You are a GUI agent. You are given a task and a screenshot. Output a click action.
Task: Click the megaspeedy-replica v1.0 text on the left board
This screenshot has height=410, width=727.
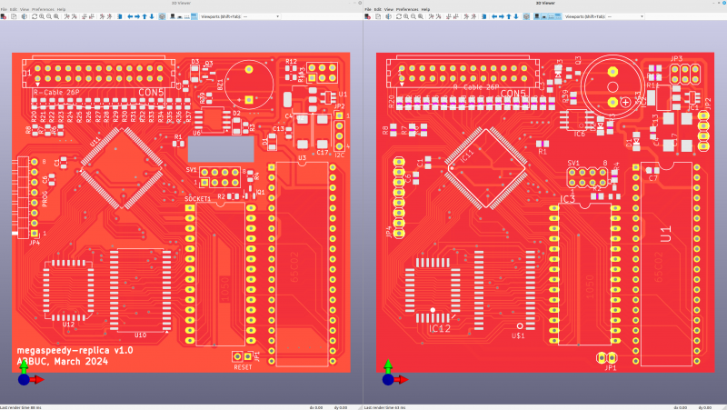(x=75, y=350)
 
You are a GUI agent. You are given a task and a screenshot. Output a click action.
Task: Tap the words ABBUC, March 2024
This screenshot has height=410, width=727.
(x=62, y=362)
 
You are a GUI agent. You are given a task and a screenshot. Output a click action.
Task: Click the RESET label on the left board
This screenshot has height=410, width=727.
(x=243, y=367)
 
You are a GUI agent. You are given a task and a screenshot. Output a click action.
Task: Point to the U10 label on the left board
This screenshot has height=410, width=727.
(x=140, y=335)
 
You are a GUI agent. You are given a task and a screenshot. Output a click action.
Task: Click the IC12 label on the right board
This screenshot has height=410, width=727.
(x=440, y=328)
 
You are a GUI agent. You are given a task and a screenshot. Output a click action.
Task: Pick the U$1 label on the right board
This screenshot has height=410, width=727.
(x=519, y=335)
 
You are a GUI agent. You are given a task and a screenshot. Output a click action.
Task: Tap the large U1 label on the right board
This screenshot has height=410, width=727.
(x=666, y=234)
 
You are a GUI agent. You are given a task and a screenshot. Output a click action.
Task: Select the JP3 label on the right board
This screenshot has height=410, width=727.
(x=676, y=59)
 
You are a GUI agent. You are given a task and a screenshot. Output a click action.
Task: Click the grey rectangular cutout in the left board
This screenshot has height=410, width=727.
(x=222, y=147)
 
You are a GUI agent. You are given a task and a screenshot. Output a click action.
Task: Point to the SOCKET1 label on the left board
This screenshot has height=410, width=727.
(x=198, y=198)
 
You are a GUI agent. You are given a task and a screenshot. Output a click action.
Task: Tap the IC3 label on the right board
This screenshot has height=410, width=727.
(x=567, y=197)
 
